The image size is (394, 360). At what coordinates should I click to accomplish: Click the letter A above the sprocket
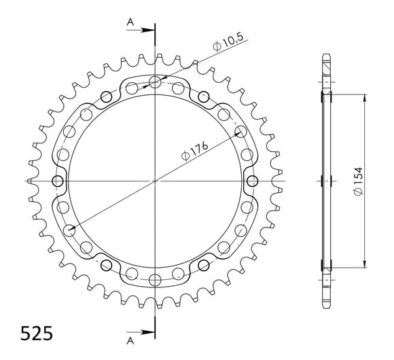130,22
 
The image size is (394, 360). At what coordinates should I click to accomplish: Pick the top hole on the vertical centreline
156,83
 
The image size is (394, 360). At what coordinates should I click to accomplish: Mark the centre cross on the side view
329,181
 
